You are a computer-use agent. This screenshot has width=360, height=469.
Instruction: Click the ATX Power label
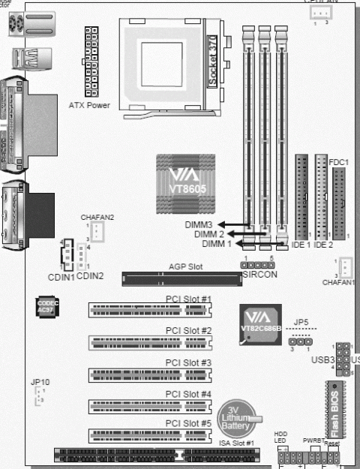[x=88, y=105]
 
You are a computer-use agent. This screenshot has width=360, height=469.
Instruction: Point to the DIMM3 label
[x=200, y=224]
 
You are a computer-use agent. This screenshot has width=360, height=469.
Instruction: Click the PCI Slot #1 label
[x=188, y=299]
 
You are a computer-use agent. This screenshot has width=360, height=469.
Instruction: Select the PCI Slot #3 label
[x=188, y=362]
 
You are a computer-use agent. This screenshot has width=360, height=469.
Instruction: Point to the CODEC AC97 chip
[x=46, y=311]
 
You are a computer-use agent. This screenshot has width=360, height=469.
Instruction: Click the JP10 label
[x=40, y=382]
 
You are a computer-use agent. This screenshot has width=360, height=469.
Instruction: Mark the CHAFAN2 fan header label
[x=97, y=217]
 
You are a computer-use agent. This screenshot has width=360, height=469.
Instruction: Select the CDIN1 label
[x=61, y=277]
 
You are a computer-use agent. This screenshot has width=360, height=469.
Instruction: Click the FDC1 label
[x=339, y=161]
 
